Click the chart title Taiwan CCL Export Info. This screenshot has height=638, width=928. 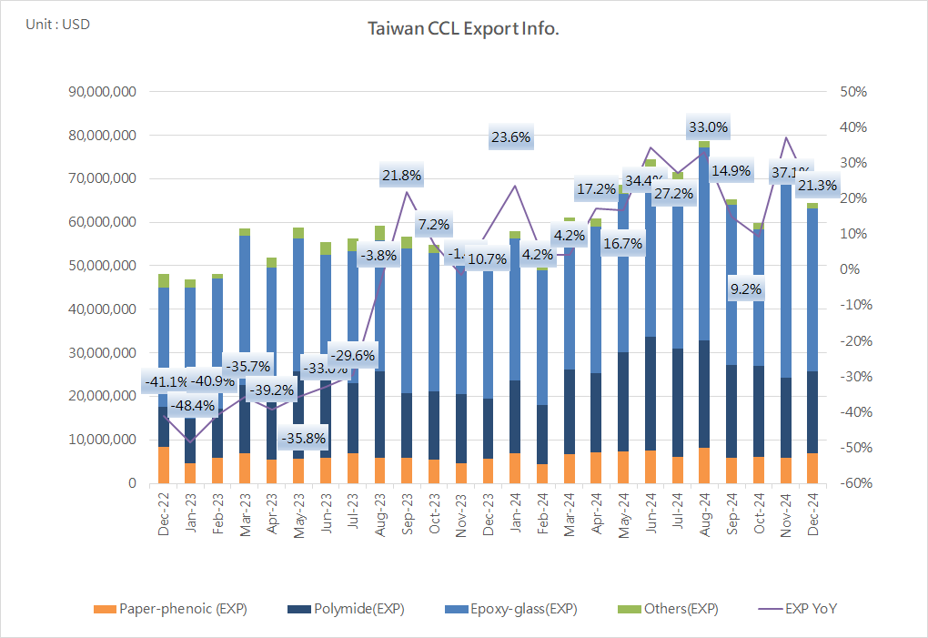click(x=463, y=29)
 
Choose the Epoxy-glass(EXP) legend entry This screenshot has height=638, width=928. click(x=510, y=609)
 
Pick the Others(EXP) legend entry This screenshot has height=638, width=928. click(x=672, y=609)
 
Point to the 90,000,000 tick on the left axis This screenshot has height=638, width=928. click(x=103, y=92)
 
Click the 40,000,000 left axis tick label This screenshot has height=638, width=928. click(x=103, y=309)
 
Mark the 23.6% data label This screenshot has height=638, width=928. click(x=510, y=137)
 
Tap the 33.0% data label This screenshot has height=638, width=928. click(x=707, y=127)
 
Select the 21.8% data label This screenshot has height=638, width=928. click(x=401, y=175)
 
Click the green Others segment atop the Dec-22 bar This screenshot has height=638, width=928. click(x=164, y=280)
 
